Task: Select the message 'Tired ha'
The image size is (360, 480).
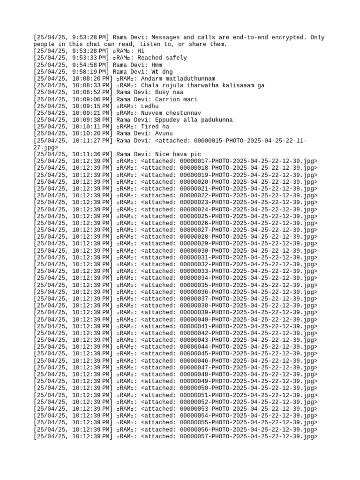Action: (155, 127)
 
